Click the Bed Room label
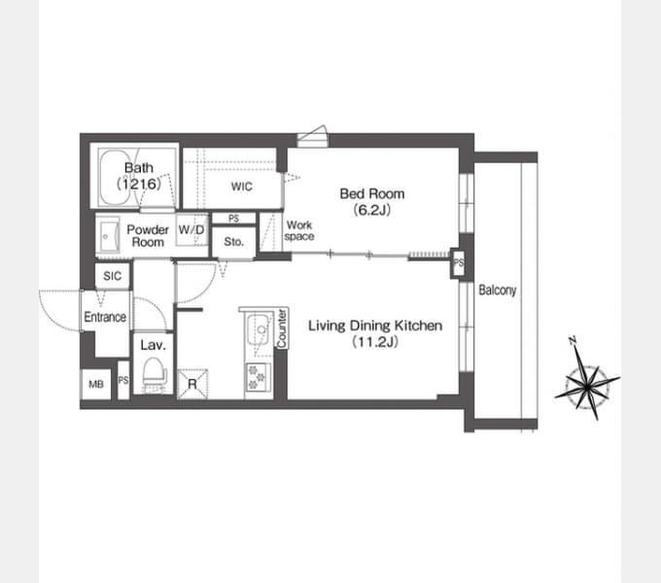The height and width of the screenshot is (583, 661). (x=371, y=193)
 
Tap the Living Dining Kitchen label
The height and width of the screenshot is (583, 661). (x=375, y=326)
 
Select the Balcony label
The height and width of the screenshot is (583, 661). (x=498, y=291)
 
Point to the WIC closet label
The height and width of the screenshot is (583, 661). (x=241, y=187)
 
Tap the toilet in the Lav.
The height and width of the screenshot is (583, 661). (x=154, y=372)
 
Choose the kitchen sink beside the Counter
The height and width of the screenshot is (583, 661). (x=258, y=329)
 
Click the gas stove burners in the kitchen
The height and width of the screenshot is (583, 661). (x=258, y=377)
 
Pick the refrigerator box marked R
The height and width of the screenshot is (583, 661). (x=192, y=384)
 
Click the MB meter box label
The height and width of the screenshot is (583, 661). (x=96, y=384)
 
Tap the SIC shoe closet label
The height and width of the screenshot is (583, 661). (x=112, y=276)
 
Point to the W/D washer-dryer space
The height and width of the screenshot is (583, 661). (x=191, y=230)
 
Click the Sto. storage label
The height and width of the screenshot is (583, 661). (x=234, y=242)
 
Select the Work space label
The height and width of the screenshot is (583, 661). (x=299, y=230)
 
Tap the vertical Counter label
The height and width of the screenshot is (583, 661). (x=282, y=328)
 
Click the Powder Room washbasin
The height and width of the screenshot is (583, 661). (x=108, y=235)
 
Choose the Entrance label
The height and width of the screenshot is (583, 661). (x=105, y=317)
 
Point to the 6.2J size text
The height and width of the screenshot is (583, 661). (x=372, y=209)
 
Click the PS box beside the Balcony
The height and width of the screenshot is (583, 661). (x=458, y=263)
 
